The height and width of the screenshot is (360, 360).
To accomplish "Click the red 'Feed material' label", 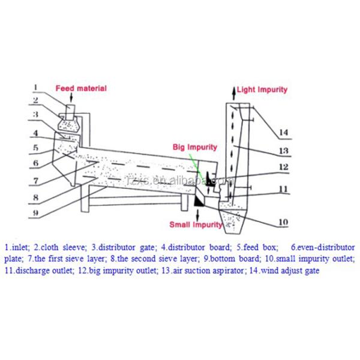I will tap(81, 88).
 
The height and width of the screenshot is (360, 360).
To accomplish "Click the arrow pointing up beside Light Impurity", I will tap(231, 91).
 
